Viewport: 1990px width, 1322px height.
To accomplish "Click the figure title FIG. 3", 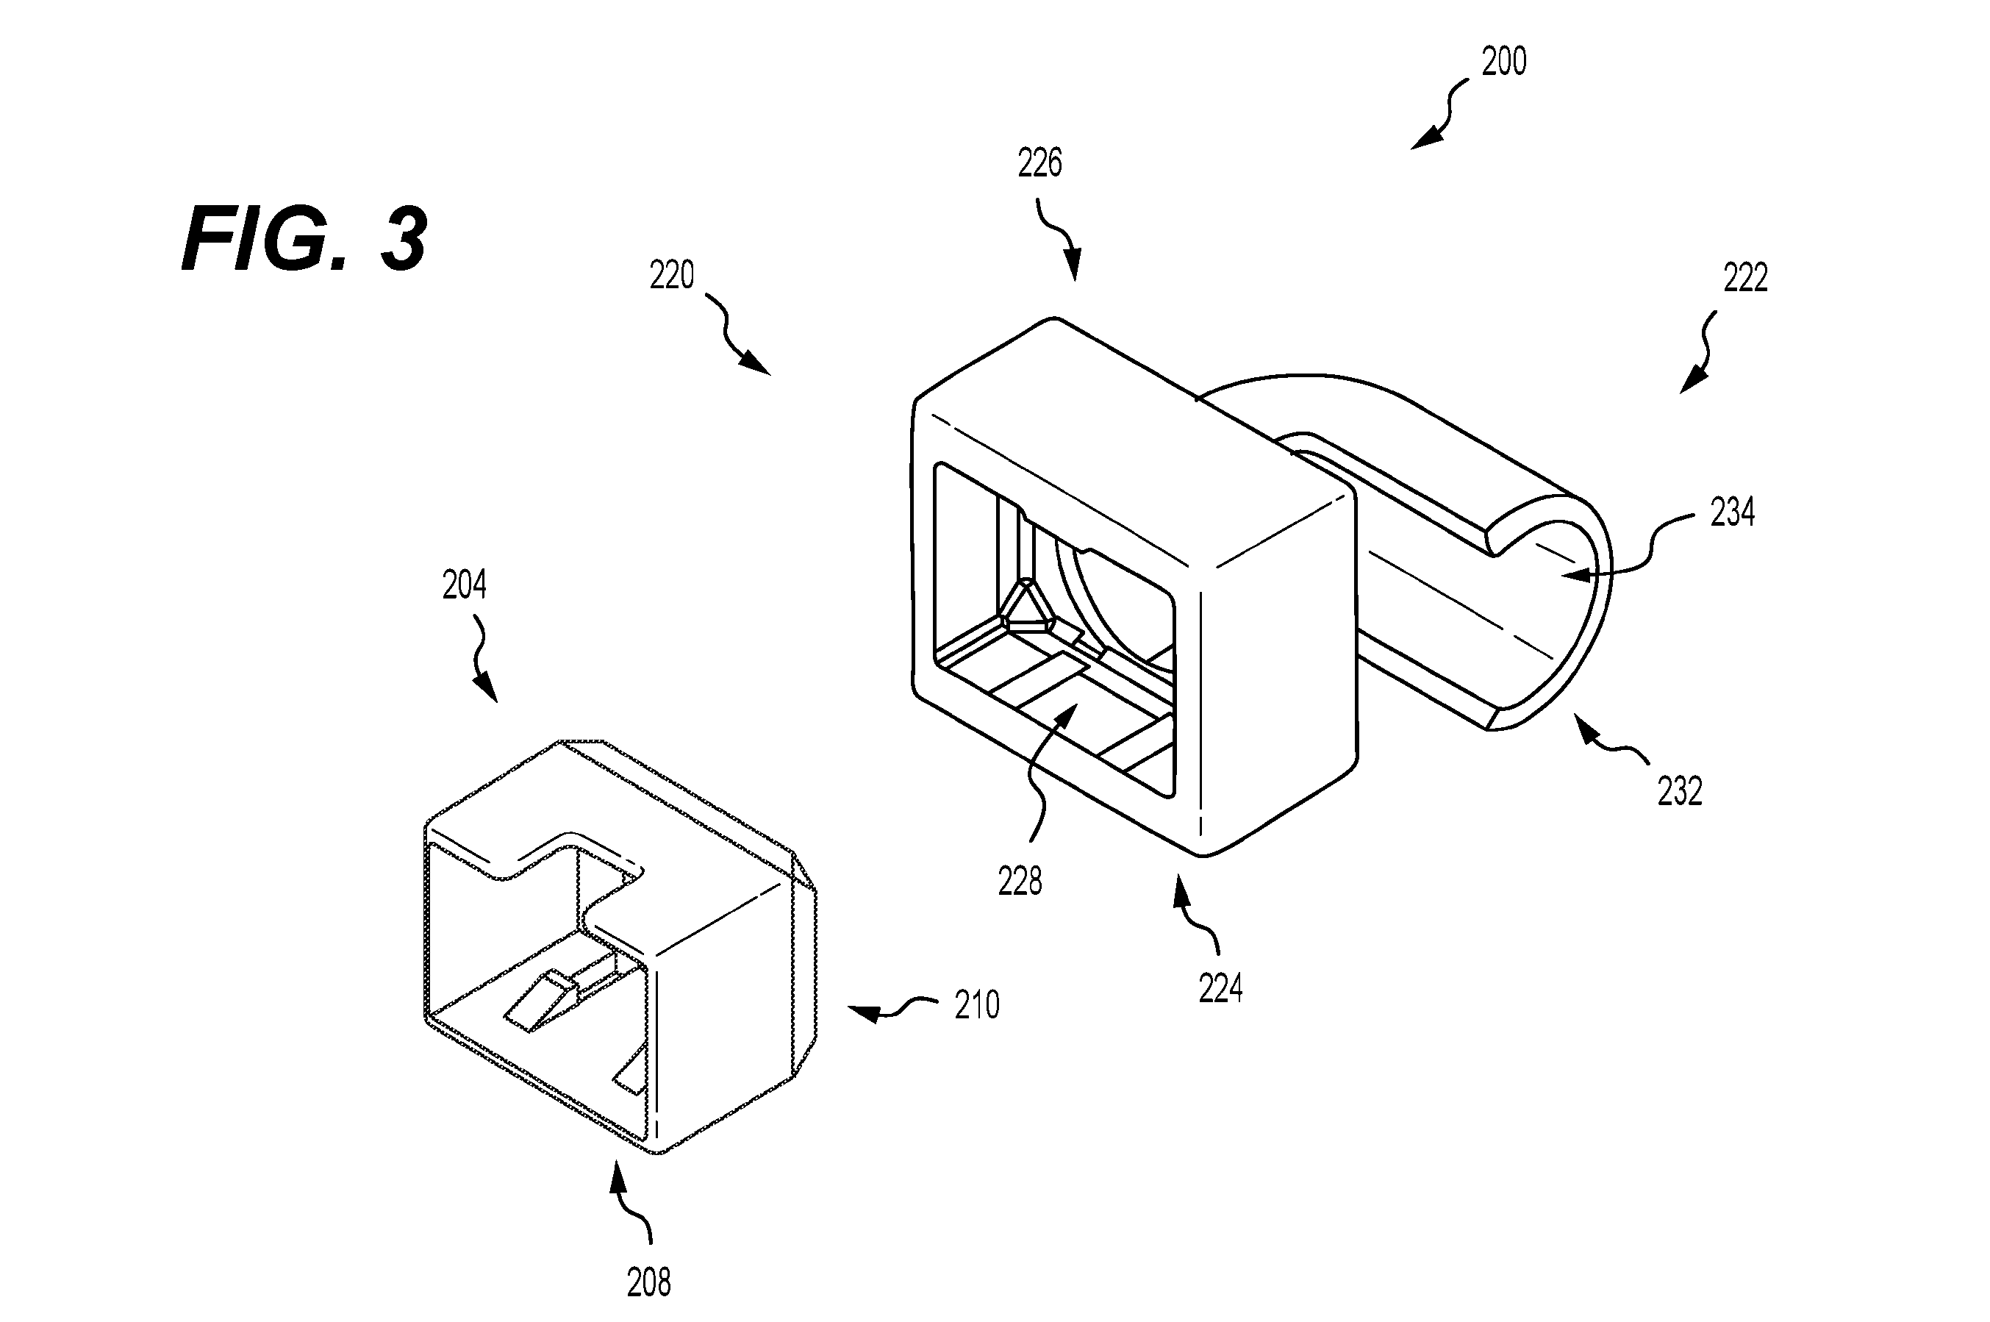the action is click(304, 240).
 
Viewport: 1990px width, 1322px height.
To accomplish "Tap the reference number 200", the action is click(1503, 62).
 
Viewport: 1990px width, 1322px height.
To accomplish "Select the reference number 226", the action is click(1039, 162).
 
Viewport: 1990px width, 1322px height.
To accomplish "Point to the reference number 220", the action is click(672, 275).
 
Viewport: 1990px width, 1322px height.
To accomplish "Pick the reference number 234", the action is click(1732, 512).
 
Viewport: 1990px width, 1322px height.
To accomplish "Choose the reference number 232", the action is click(1680, 791).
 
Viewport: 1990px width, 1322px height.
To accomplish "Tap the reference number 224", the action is click(1220, 987).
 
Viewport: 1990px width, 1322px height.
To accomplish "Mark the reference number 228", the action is click(1020, 881).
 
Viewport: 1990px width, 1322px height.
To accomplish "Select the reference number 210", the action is click(977, 1005).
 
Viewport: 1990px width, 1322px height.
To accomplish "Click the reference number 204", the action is click(465, 585).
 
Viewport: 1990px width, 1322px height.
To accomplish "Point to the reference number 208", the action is click(649, 1282).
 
